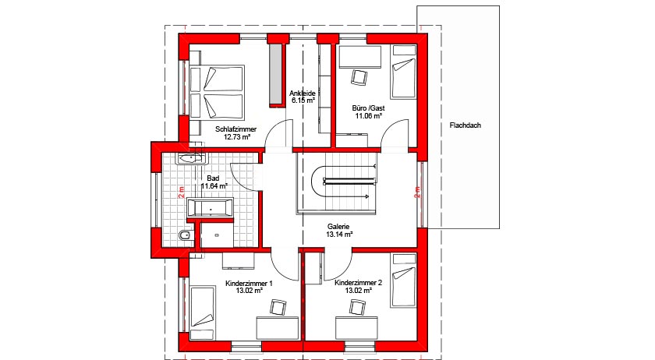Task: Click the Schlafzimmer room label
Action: pyautogui.click(x=235, y=129)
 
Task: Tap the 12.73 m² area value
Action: pyautogui.click(x=235, y=136)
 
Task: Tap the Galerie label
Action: pyautogui.click(x=338, y=226)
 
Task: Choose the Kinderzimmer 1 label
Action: pyautogui.click(x=248, y=284)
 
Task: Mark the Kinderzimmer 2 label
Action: pyautogui.click(x=358, y=284)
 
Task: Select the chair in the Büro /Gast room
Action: pyautogui.click(x=359, y=76)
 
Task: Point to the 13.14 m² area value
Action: pyautogui.click(x=338, y=234)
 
